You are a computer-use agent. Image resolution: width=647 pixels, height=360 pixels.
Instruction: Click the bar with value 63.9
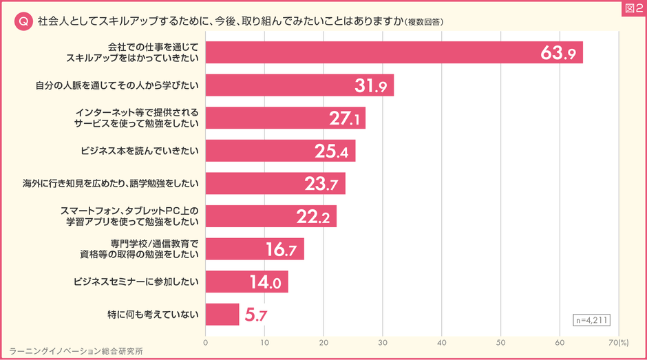[x=394, y=52]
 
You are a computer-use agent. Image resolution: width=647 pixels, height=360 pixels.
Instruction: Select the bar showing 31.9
[x=299, y=85]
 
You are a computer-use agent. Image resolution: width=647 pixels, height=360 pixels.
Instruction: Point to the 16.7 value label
[x=280, y=249]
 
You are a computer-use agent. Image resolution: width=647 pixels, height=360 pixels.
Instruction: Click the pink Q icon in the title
[x=23, y=21]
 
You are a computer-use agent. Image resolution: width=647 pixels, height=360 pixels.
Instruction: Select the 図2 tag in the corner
[x=631, y=8]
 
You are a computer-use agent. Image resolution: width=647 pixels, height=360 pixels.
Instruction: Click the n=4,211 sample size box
[x=591, y=319]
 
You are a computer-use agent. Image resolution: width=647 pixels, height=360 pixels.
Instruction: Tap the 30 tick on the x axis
[x=383, y=341]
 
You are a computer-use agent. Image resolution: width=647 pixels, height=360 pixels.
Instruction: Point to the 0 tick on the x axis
[x=206, y=341]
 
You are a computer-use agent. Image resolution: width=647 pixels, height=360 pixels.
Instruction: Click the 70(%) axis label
[x=618, y=341]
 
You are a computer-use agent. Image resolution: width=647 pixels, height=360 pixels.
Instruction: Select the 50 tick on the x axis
[x=501, y=341]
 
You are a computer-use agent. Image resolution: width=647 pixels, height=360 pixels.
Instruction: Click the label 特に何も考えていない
[x=153, y=315]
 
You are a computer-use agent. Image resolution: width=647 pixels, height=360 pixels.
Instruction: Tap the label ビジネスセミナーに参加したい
[x=136, y=282]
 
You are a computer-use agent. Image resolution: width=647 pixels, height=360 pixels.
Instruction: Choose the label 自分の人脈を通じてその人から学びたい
[x=117, y=85]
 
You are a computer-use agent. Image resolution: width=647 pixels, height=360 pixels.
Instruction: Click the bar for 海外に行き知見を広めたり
[x=275, y=184]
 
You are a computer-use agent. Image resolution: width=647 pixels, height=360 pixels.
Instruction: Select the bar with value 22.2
[x=271, y=216]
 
